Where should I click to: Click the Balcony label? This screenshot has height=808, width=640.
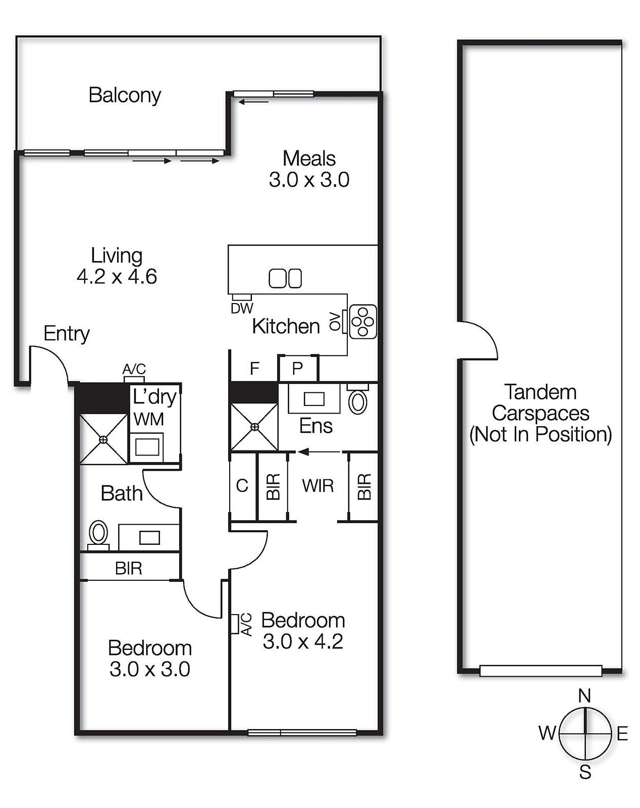[125, 95]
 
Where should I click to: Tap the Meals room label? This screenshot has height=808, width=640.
[309, 159]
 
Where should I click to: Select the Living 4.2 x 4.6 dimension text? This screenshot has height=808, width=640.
[117, 277]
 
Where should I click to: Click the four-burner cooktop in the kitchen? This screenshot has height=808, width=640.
[362, 322]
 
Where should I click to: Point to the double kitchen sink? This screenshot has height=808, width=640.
[285, 278]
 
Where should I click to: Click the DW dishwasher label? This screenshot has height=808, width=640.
[242, 308]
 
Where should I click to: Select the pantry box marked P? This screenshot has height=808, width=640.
[298, 369]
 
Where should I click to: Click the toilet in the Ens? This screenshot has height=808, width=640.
[358, 399]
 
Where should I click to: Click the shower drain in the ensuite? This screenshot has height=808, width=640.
[255, 427]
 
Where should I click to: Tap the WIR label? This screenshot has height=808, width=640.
[318, 486]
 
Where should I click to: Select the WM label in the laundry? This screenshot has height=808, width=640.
[149, 419]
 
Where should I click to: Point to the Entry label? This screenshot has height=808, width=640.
[67, 333]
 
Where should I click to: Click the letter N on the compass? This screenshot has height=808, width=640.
[584, 696]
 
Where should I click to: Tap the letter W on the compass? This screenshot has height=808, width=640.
[547, 733]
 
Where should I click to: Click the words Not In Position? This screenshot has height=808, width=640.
[541, 434]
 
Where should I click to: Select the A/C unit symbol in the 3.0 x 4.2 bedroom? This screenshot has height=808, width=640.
[235, 624]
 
